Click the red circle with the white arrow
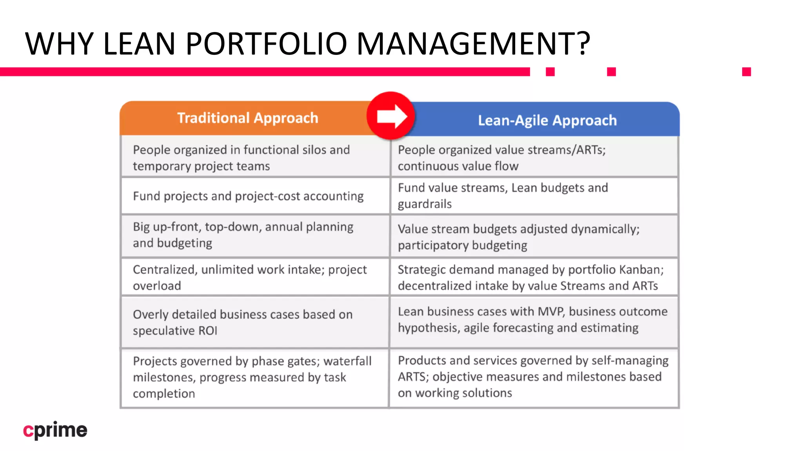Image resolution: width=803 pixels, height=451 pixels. tap(391, 116)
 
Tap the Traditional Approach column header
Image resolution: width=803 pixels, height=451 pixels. tap(247, 118)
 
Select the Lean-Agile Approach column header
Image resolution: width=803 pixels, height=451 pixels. tap(547, 121)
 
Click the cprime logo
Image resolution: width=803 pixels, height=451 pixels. tap(55, 430)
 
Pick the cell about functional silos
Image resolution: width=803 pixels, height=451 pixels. tap(255, 158)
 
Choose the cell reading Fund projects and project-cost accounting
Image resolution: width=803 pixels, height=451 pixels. tap(255, 196)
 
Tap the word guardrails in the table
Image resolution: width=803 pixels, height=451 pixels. tap(425, 204)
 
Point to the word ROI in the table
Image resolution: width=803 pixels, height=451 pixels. tap(208, 331)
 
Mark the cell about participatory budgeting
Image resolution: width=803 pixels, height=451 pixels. tap(534, 237)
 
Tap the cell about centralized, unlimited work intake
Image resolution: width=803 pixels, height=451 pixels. tap(255, 278)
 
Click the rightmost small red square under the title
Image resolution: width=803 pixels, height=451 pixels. tap(746, 72)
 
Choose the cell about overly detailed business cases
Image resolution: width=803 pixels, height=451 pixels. tap(255, 322)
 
